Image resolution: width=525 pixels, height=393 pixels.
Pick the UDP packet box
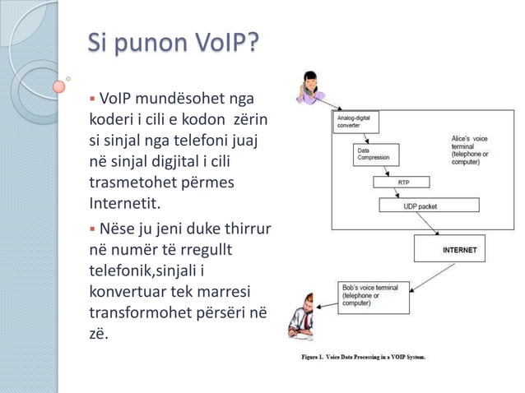(420, 206)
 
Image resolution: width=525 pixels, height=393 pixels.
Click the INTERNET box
(448, 249)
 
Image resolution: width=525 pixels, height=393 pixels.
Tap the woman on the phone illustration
(311, 87)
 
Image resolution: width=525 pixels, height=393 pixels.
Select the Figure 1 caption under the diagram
(363, 358)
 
